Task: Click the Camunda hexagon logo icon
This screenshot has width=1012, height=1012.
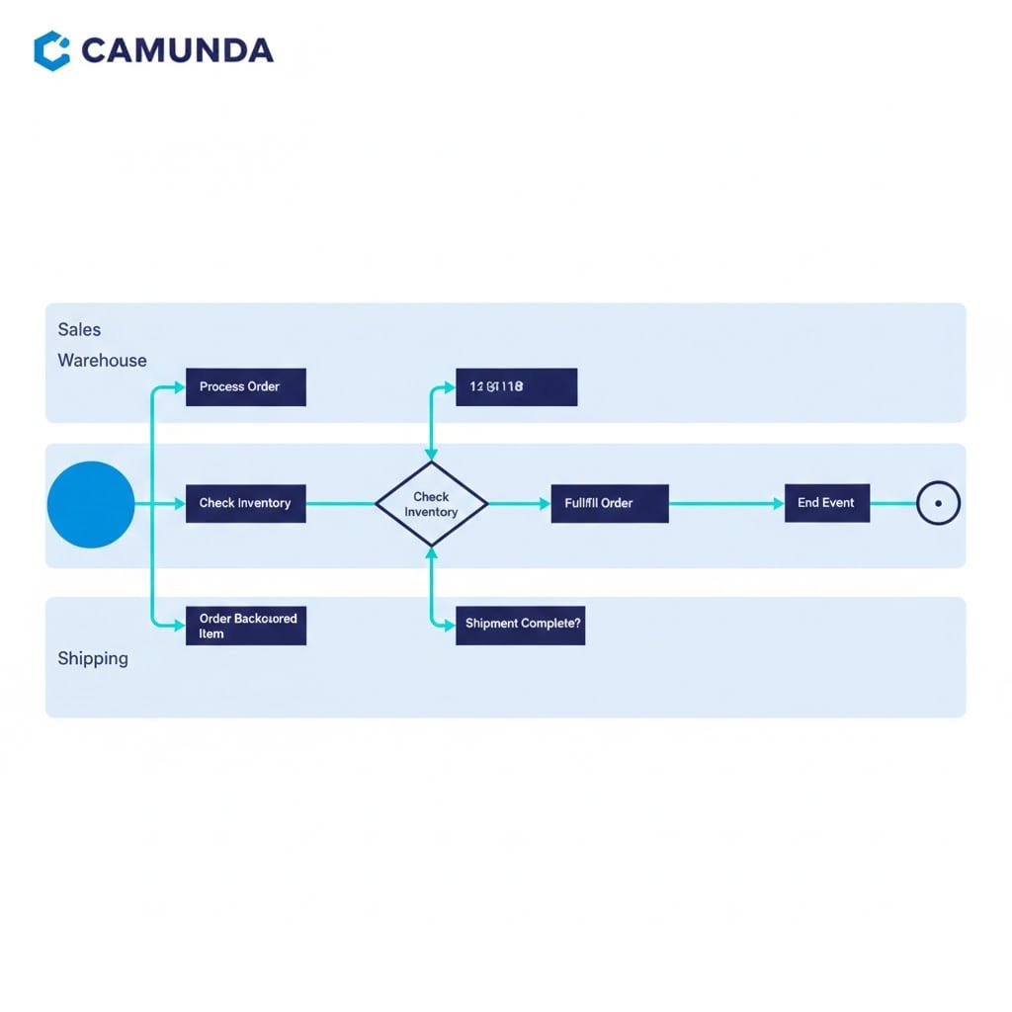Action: [x=51, y=50]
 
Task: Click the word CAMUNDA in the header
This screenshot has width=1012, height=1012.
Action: [x=177, y=50]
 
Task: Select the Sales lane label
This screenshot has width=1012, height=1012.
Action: [x=79, y=329]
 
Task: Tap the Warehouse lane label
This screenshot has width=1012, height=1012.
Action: [x=102, y=361]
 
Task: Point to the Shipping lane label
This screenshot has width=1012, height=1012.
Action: [x=93, y=658]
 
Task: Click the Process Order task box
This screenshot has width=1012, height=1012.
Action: [x=246, y=387]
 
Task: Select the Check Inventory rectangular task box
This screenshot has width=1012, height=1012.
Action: [x=246, y=503]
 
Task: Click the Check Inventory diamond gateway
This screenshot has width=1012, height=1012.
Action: [x=432, y=504]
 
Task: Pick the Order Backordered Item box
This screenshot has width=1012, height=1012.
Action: [x=246, y=626]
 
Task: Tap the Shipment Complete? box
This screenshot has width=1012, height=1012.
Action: [x=520, y=626]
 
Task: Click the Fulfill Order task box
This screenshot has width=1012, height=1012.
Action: [x=610, y=503]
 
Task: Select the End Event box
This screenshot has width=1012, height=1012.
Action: [x=827, y=503]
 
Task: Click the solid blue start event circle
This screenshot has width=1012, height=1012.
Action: [x=91, y=504]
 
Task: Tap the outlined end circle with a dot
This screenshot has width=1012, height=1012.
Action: [x=938, y=503]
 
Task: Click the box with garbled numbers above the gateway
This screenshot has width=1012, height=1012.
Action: [x=516, y=387]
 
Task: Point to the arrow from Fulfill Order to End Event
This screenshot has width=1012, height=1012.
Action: [x=726, y=503]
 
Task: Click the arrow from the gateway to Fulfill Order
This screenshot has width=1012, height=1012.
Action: [x=519, y=504]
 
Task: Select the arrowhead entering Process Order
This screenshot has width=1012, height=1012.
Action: [x=179, y=387]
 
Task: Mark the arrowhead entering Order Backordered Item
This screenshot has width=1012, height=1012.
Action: [x=179, y=626]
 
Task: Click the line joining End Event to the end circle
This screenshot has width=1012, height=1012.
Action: [x=892, y=503]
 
